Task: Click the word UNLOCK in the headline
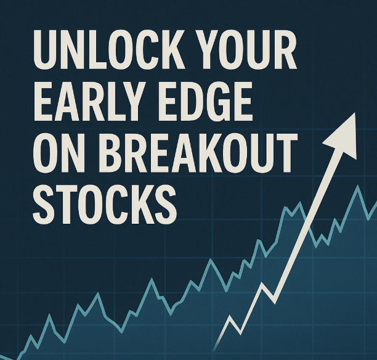click(109, 50)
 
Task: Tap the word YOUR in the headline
click(248, 50)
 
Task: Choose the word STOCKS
click(105, 205)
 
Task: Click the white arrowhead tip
click(355, 113)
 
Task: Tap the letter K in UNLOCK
click(170, 50)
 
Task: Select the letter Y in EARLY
click(133, 102)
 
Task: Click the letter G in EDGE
click(216, 102)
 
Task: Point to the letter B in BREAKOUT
click(111, 153)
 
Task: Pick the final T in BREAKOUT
click(285, 153)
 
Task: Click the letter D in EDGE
click(191, 102)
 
